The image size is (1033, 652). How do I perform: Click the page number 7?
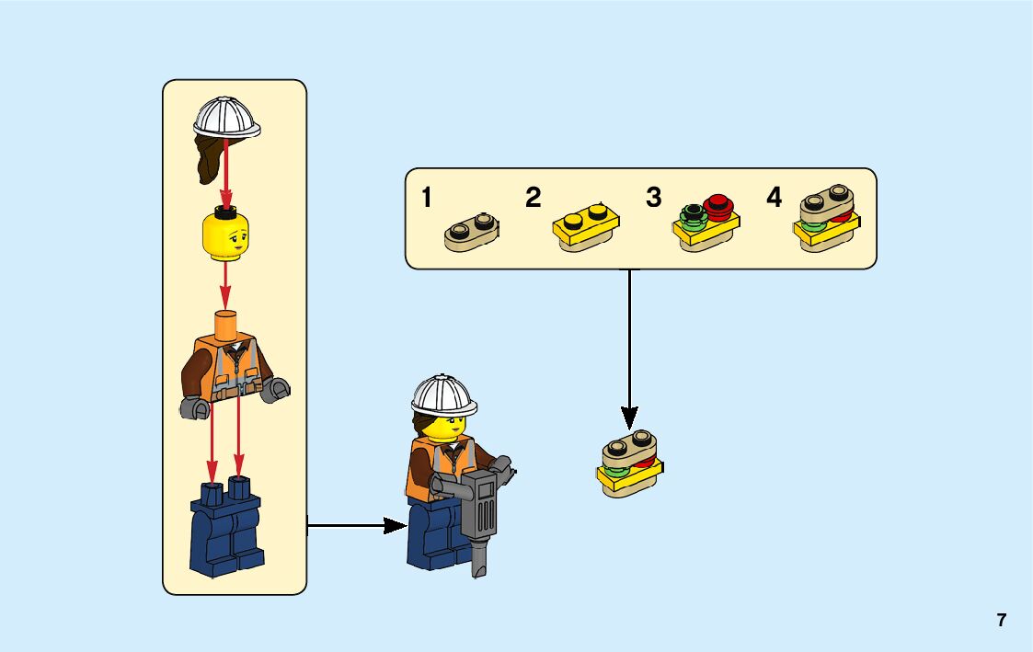(1001, 620)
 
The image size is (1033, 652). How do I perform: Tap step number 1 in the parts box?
(427, 198)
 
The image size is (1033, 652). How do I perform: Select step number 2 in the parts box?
(534, 198)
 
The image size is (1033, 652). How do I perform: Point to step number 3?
(654, 198)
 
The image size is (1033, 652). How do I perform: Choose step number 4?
(774, 198)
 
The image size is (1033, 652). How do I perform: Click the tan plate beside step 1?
(473, 230)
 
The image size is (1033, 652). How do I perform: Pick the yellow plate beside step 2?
(585, 227)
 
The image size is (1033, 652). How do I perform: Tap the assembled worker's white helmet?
(443, 394)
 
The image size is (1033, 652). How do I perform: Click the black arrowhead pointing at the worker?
(395, 526)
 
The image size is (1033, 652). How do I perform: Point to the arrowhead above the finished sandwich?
(630, 416)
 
